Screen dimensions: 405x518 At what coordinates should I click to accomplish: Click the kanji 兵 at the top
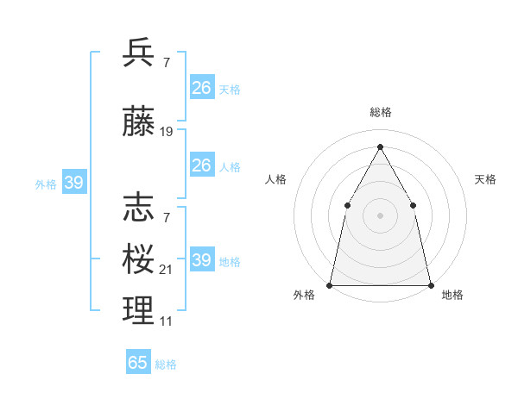(138, 53)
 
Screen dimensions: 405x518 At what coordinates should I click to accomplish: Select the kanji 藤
(138, 121)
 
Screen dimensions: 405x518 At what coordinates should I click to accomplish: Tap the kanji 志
(138, 208)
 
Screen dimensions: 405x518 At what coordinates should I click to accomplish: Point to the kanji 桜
(138, 259)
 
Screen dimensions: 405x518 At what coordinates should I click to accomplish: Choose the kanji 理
(138, 311)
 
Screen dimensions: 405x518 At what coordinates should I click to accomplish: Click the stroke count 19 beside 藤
(167, 132)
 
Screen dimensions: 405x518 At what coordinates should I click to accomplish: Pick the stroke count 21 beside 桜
(167, 270)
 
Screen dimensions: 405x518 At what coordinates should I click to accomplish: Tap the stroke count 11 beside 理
(167, 321)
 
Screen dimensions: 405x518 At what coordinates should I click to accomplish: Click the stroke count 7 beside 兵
(166, 63)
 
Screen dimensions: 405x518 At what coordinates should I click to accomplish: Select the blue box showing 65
(138, 363)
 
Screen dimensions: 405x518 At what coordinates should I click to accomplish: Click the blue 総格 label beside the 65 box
(166, 364)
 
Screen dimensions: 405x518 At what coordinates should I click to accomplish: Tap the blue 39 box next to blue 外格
(73, 182)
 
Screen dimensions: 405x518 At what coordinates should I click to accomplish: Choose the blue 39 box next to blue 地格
(201, 260)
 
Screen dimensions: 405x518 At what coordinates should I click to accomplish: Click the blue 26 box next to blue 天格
(201, 88)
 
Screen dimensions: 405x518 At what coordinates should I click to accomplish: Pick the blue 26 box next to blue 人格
(201, 165)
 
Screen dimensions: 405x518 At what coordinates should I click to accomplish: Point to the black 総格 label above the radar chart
(380, 112)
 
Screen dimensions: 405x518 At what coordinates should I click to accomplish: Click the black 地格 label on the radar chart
(452, 296)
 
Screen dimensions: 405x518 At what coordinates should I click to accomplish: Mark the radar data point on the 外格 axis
(330, 284)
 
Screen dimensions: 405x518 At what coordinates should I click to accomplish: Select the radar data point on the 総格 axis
(380, 146)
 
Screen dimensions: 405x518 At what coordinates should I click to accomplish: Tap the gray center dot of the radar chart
(380, 215)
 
